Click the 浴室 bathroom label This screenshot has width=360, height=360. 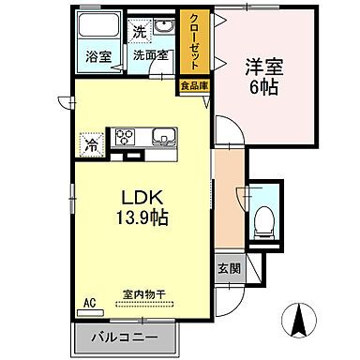(x=98, y=56)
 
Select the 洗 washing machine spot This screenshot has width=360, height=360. (x=140, y=31)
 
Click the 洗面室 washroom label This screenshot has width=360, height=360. (x=150, y=56)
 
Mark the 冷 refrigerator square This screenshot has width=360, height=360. (x=92, y=145)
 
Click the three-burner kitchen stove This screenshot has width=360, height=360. (x=126, y=137)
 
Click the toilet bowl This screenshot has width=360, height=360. (x=264, y=222)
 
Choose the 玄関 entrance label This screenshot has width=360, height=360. (x=230, y=267)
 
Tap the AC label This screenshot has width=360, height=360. (x=90, y=303)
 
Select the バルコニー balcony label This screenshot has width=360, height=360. (x=125, y=337)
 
